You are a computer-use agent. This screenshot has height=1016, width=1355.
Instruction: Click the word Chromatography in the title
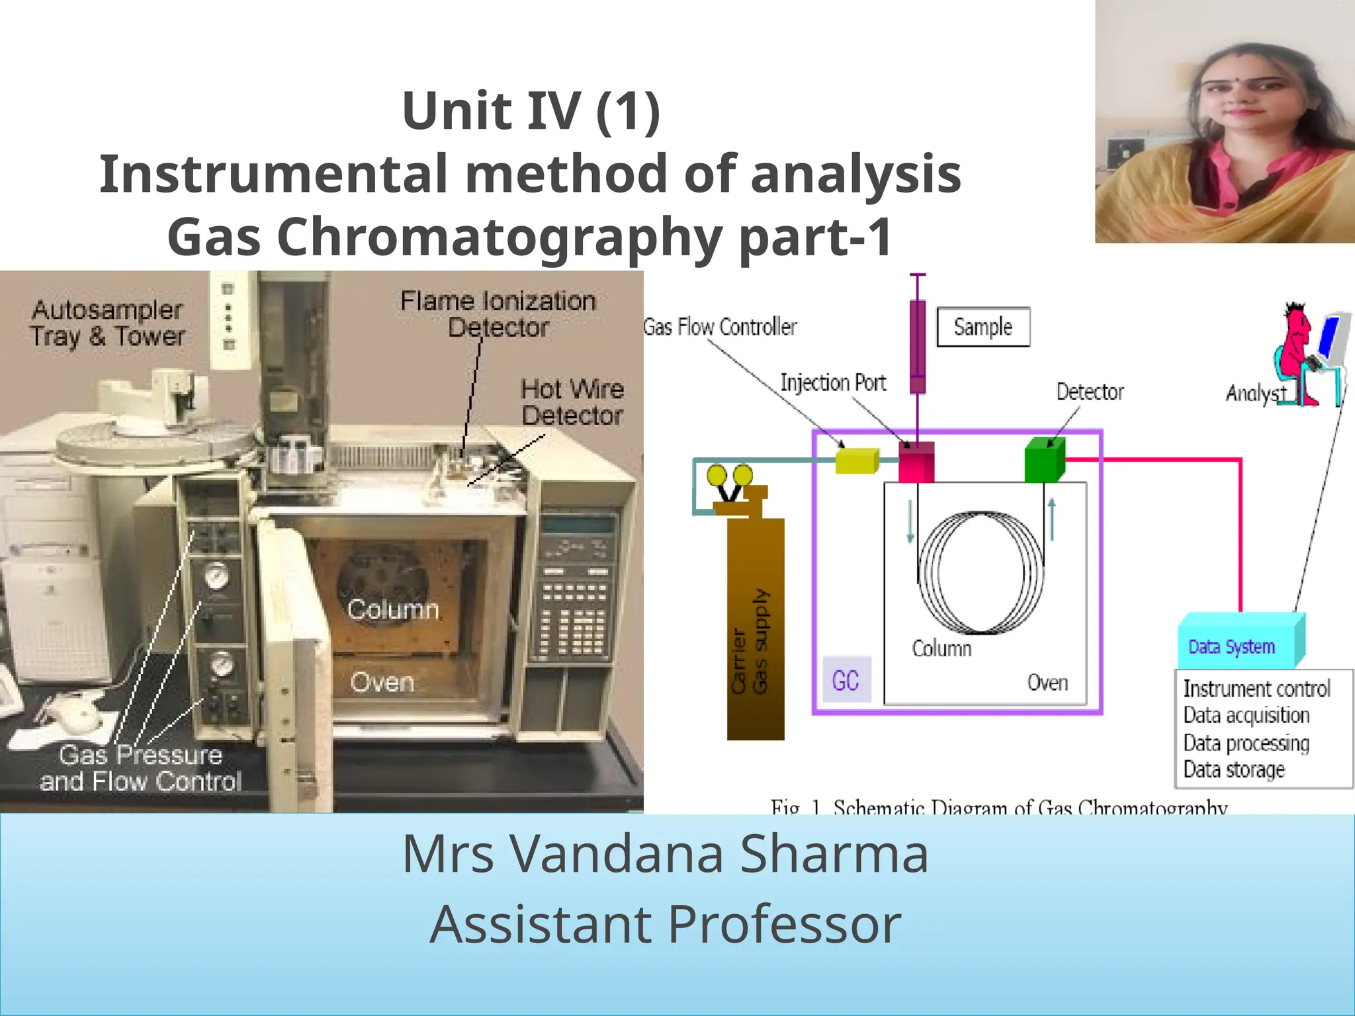(x=500, y=237)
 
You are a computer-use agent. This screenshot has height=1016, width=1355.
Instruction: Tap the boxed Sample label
(x=983, y=327)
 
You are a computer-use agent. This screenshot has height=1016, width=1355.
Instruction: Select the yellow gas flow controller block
(x=857, y=460)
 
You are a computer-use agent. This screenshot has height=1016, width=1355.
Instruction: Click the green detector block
(x=1044, y=460)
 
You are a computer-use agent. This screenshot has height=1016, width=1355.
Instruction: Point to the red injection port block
(x=916, y=462)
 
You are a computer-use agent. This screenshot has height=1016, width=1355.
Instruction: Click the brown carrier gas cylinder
(x=756, y=628)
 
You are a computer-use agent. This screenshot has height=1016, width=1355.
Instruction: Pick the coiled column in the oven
(x=981, y=573)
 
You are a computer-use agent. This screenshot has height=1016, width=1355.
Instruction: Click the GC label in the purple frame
(x=846, y=681)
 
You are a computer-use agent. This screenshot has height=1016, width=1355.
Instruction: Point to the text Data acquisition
(x=1246, y=716)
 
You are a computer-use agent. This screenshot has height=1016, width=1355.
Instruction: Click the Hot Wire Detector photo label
(x=572, y=402)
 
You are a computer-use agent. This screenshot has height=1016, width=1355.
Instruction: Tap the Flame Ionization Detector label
(x=498, y=314)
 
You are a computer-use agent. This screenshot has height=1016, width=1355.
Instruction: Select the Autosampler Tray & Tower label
(x=107, y=323)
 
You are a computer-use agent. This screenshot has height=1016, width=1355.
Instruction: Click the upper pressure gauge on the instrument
(x=216, y=575)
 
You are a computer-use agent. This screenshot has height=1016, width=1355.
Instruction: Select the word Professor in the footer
(x=784, y=924)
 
